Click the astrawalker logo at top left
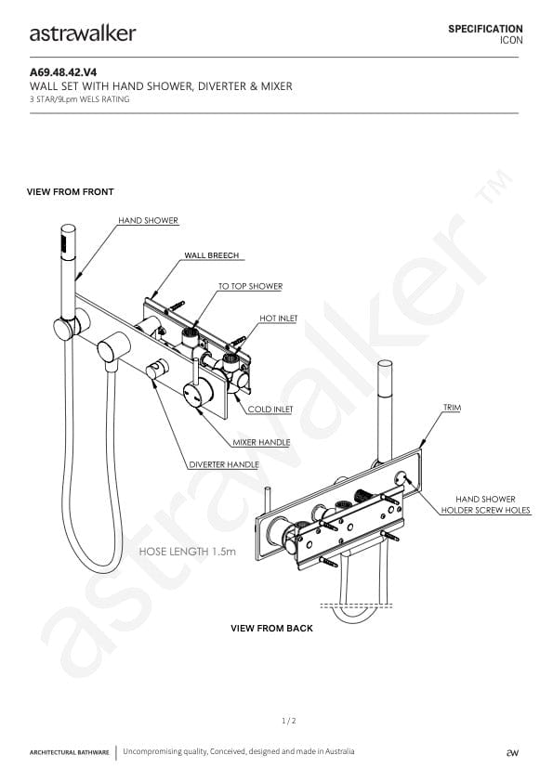pos(83,33)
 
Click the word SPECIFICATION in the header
pos(485,29)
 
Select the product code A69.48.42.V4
pos(63,72)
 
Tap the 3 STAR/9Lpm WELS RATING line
pos(79,99)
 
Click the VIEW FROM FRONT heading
pos(71,191)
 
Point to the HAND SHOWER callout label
pos(148,220)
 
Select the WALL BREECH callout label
pos(212,255)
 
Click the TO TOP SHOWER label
pos(250,286)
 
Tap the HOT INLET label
pos(278,319)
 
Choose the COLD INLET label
pos(270,409)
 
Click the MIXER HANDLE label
pos(261,442)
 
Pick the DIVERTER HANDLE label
pos(224,464)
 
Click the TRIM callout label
pos(453,408)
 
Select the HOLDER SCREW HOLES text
pos(485,510)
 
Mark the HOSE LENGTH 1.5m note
pos(188,552)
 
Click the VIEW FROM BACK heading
pos(271,628)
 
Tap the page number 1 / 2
pos(289,721)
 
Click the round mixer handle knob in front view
pos(198,394)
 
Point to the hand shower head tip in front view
pos(68,228)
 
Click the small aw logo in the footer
pos(512,752)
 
